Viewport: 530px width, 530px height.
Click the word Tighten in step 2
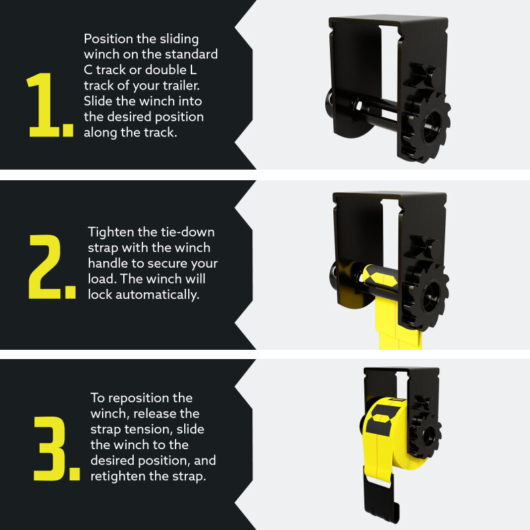pyautogui.click(x=111, y=232)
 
